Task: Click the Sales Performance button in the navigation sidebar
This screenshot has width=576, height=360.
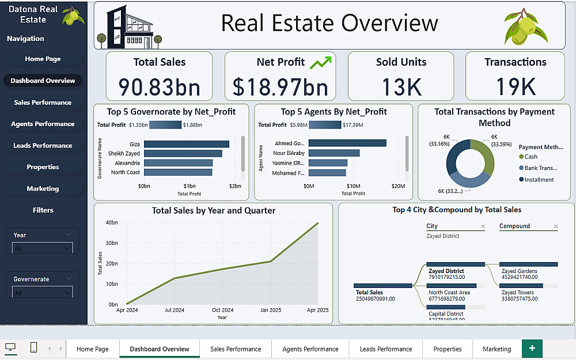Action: [43, 103]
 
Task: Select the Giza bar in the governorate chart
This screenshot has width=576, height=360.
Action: [187, 144]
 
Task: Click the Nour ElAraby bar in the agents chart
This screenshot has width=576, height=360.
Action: [334, 153]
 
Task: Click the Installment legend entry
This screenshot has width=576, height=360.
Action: [539, 180]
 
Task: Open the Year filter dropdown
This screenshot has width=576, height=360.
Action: [43, 248]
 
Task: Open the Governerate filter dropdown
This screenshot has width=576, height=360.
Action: [43, 293]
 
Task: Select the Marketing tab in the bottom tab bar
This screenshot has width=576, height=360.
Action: [497, 349]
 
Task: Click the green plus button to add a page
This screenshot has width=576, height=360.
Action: [532, 348]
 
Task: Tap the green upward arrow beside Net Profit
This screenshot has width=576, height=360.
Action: [321, 62]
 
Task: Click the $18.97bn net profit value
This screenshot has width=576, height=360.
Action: [281, 86]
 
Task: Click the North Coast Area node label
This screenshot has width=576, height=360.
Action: [449, 293]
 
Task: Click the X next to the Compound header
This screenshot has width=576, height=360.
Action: [555, 226]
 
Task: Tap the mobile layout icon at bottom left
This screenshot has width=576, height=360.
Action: [33, 348]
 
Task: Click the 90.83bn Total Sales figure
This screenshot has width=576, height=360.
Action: [160, 86]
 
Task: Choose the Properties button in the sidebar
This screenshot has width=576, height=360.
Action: [43, 167]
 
